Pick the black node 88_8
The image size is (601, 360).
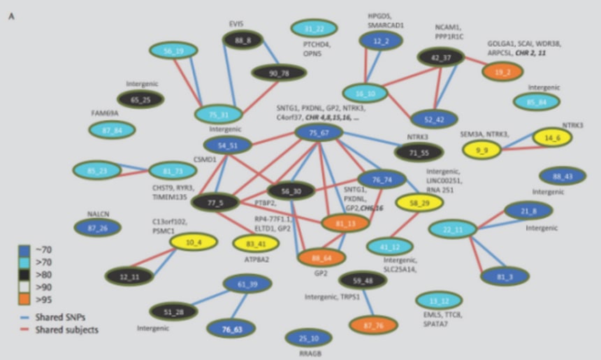click(243, 39)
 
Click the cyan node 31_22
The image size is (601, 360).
click(314, 29)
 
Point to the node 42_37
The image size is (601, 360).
click(440, 57)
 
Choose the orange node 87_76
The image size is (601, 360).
click(373, 325)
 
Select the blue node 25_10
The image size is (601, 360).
click(310, 338)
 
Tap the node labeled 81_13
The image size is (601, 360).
click(345, 223)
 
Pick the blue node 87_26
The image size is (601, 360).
click(97, 227)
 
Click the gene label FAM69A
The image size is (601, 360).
click(104, 113)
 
